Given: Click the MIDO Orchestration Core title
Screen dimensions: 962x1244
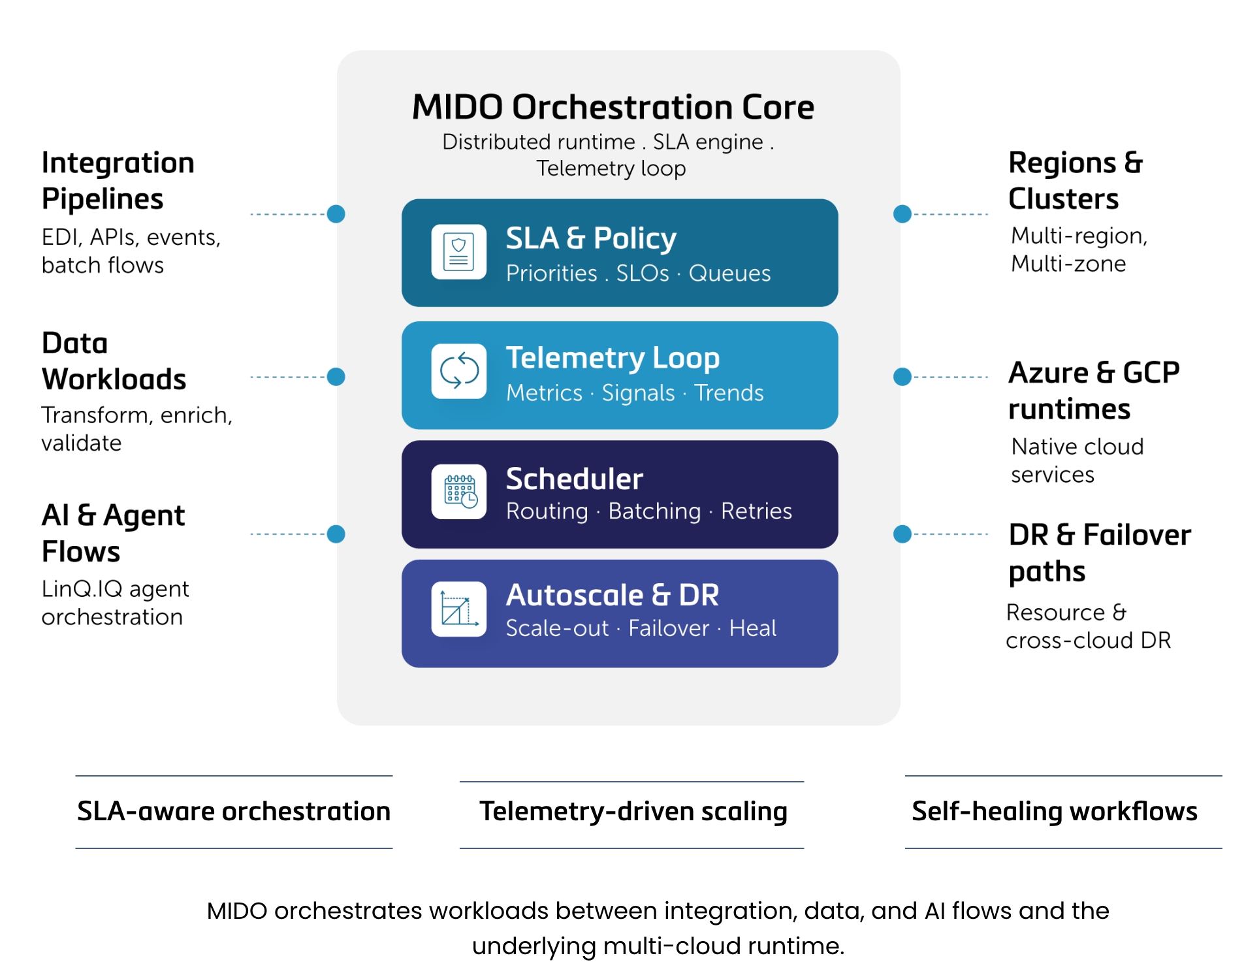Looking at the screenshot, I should [613, 107].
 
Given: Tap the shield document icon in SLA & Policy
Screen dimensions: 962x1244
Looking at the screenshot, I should [458, 252].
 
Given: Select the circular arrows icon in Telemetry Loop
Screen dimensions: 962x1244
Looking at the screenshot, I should [458, 371].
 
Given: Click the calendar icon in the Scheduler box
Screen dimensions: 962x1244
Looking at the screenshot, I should [458, 491].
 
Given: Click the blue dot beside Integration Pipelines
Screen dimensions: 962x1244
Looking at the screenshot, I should [336, 214].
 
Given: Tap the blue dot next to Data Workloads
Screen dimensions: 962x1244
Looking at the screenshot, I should [336, 377].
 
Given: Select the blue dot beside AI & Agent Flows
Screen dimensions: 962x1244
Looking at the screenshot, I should [336, 534].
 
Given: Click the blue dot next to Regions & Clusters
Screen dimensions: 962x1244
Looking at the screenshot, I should [902, 214].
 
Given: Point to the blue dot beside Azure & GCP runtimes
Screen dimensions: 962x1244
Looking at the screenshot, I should [902, 377].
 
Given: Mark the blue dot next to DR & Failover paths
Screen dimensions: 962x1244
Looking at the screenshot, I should [902, 534].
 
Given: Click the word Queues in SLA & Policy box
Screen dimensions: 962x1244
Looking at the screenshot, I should [729, 273].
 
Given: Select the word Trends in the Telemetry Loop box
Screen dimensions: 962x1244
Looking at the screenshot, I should [728, 393].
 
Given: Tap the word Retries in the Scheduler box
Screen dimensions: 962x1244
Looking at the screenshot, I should [756, 511].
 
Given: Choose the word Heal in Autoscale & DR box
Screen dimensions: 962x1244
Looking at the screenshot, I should [752, 628].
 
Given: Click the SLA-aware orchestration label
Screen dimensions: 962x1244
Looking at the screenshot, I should [234, 811].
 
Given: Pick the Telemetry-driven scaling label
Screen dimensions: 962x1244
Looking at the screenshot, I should [632, 811].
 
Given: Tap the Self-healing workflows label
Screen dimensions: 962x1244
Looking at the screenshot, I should [1054, 811].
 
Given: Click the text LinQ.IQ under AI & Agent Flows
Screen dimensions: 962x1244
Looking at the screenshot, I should [82, 589].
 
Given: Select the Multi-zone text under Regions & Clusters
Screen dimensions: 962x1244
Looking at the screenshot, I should [1068, 264].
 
